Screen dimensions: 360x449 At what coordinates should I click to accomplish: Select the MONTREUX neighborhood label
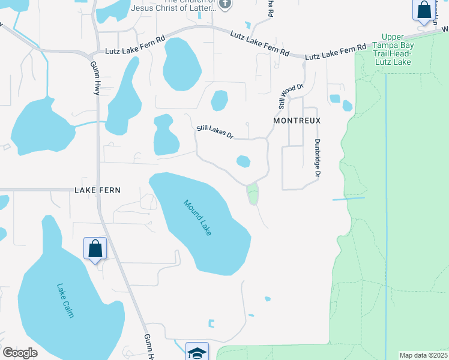(x=297, y=121)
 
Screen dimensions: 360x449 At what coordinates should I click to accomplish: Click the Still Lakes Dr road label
(x=215, y=132)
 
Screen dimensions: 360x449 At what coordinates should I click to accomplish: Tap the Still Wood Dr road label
(x=287, y=95)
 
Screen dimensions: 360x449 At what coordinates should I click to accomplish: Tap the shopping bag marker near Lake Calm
(x=95, y=248)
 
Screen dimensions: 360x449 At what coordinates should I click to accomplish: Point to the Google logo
(x=20, y=353)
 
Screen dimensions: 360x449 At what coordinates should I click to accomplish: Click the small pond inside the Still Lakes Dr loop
(x=243, y=161)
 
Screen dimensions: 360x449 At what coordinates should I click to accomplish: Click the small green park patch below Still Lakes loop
(x=253, y=194)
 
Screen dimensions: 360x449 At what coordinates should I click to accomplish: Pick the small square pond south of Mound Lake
(x=211, y=324)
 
